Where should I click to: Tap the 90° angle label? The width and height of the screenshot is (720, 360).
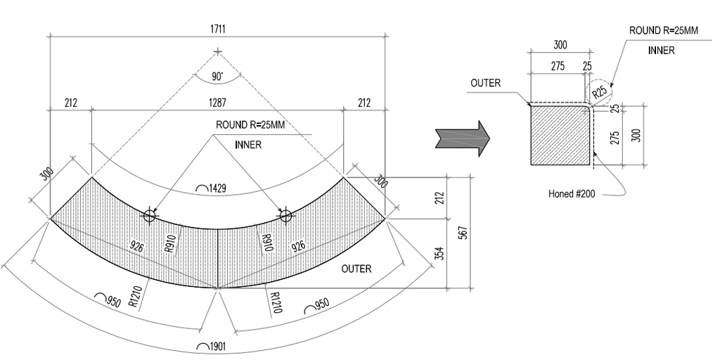218,76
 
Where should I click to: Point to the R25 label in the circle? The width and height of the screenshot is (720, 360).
598,91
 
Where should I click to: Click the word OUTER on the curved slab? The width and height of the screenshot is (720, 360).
356,269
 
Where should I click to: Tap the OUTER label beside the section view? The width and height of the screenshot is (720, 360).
486,83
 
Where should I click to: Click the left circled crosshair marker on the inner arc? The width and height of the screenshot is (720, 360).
149,216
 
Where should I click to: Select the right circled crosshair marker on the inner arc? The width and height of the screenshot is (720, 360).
285,216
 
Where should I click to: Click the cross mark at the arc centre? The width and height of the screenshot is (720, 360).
218,52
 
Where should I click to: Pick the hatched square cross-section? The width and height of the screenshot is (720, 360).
560,134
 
